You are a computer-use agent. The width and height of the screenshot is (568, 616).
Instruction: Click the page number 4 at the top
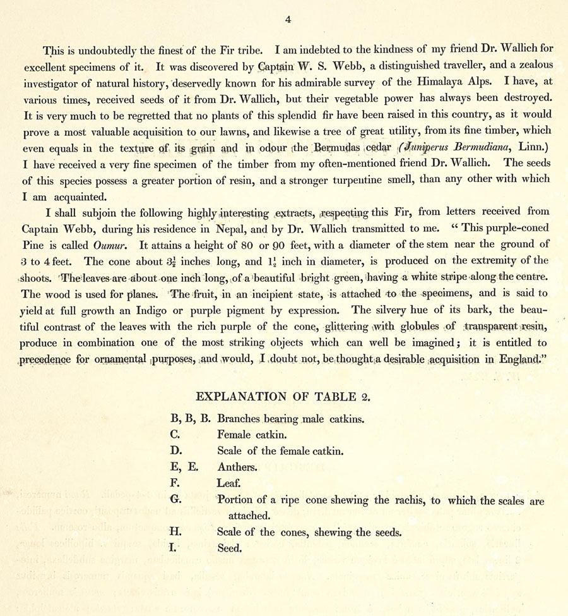pyautogui.click(x=288, y=20)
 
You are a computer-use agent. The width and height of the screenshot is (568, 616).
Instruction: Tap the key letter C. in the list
pyautogui.click(x=175, y=435)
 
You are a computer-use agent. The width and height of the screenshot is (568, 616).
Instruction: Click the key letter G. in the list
pyautogui.click(x=175, y=500)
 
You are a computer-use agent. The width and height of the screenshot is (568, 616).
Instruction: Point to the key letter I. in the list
pyautogui.click(x=174, y=548)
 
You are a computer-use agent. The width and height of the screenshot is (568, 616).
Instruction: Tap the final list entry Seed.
pyautogui.click(x=229, y=548)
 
